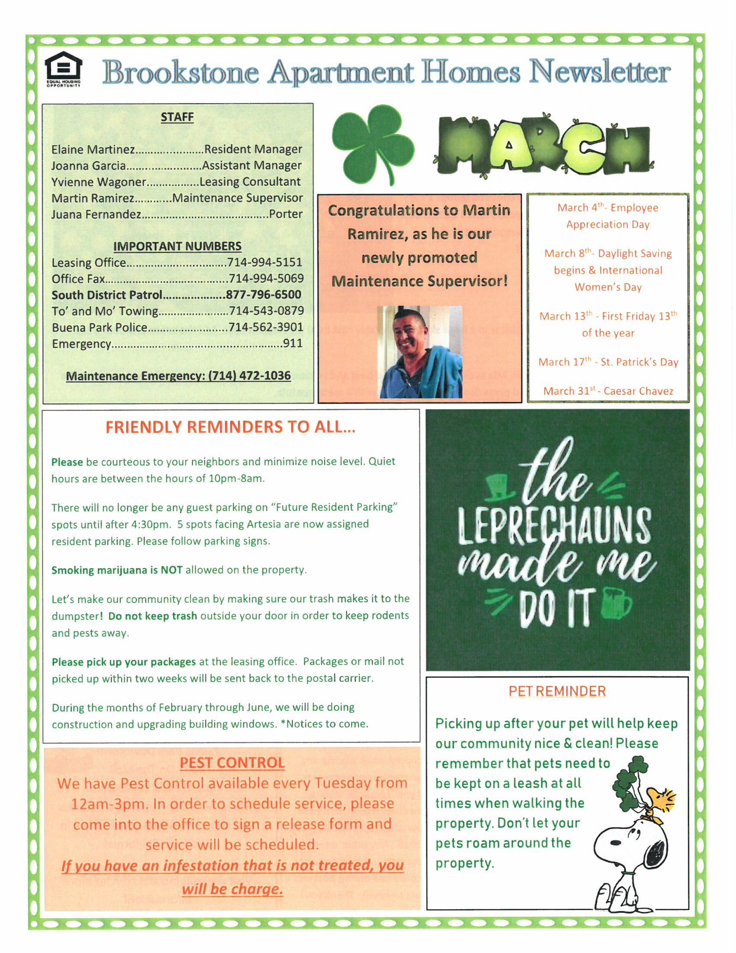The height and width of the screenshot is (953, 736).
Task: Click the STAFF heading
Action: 177,117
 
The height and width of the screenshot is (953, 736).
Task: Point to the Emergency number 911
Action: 293,343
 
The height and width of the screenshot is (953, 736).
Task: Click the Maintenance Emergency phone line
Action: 178,376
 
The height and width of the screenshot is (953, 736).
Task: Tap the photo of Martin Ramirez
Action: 419,352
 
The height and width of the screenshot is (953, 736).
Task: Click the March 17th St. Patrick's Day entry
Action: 608,362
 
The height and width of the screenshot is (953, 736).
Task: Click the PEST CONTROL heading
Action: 232,763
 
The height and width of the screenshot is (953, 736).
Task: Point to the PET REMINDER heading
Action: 557,691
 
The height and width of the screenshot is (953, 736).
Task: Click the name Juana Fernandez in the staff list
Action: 97,214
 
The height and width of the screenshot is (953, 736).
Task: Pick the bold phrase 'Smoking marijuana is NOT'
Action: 117,570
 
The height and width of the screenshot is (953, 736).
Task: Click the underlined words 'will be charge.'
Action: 232,889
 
